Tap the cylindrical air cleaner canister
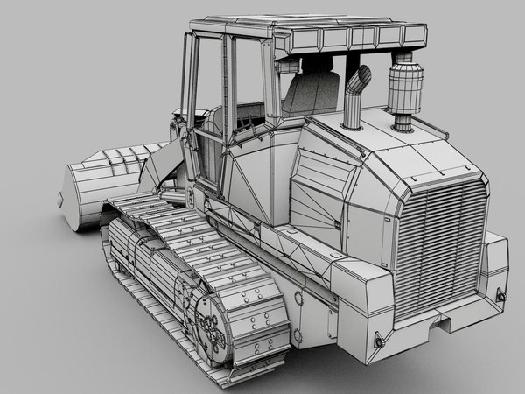pos(403,91)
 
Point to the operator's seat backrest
pos(312,93)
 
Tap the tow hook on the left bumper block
pos(379,340)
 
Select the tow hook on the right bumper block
pos(502,296)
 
